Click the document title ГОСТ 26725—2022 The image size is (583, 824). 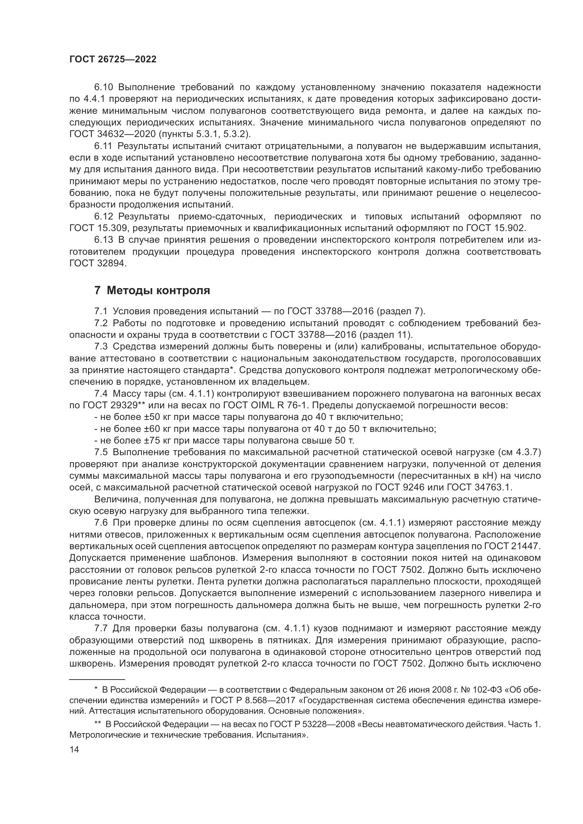coord(113,60)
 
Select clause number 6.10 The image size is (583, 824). coord(103,87)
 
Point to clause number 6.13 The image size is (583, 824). coord(103,240)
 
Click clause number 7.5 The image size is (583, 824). coord(101,452)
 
